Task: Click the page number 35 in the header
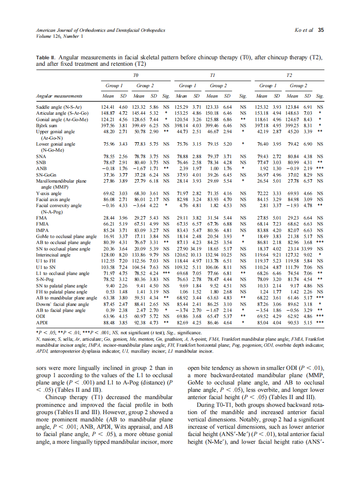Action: click(x=321, y=30)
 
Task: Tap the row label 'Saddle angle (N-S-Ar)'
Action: click(x=59, y=106)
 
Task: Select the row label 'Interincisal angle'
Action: click(x=53, y=255)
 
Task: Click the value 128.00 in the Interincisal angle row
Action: click(x=108, y=255)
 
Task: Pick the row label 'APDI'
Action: click(x=42, y=321)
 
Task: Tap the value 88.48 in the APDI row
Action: click(x=108, y=321)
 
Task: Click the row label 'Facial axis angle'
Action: click(x=53, y=200)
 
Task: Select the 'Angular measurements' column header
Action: click(x=59, y=96)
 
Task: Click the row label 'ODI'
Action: click(x=41, y=315)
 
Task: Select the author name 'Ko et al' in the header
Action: click(x=303, y=30)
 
